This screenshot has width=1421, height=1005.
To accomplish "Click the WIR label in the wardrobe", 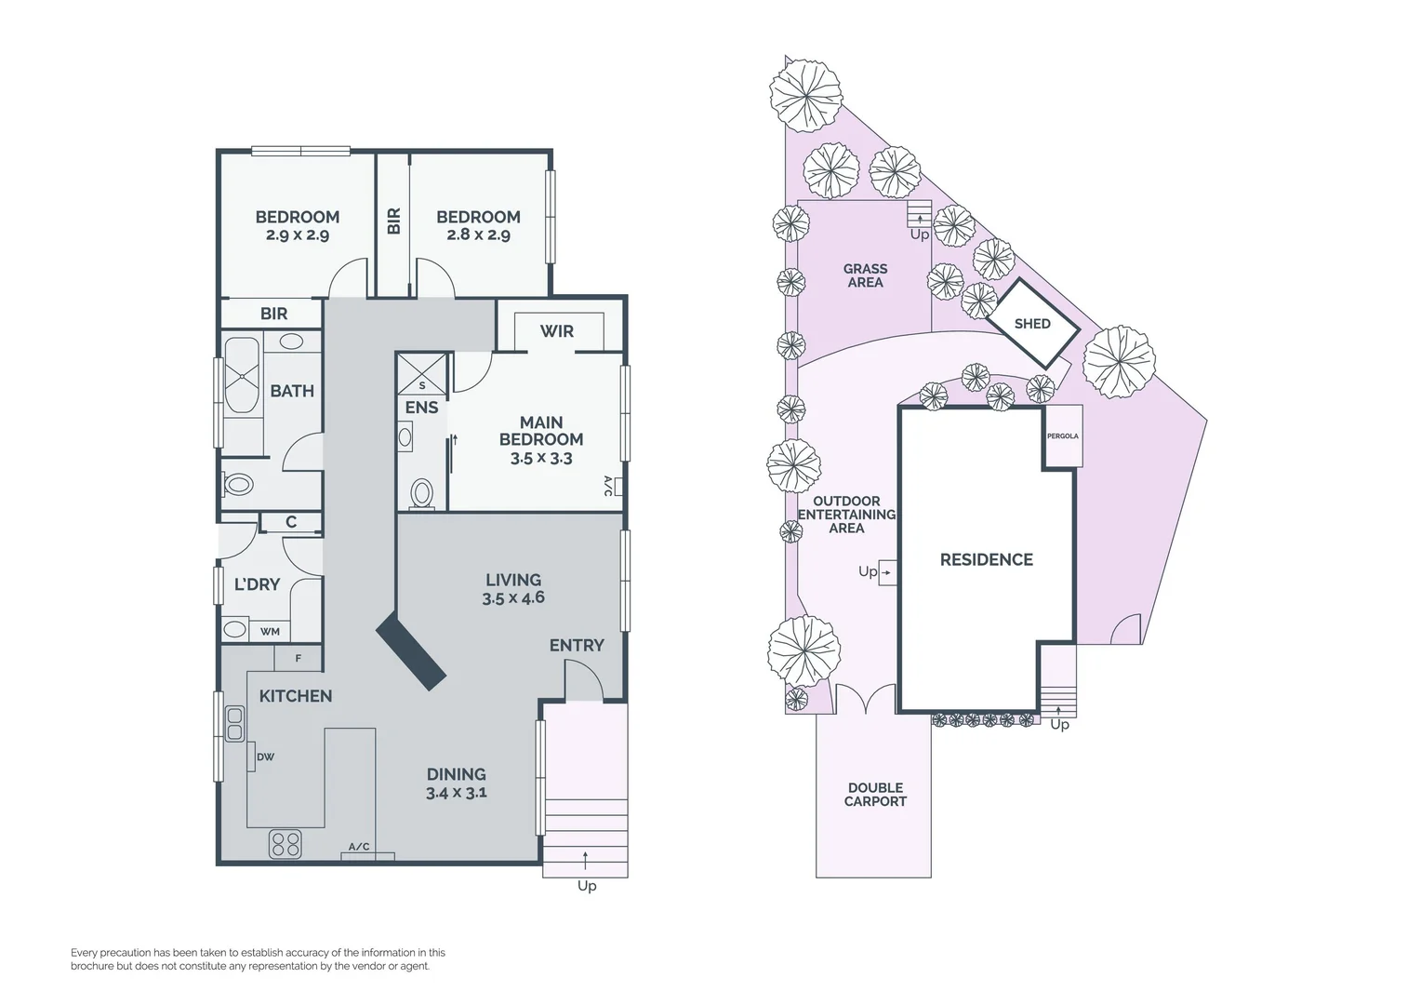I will click(556, 331).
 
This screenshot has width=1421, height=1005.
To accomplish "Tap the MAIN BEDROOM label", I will click(541, 431).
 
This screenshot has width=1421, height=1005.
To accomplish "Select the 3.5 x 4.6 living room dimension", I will click(513, 598).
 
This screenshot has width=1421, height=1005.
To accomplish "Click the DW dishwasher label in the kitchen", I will click(266, 757).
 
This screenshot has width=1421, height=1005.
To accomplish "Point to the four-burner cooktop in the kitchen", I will click(286, 843).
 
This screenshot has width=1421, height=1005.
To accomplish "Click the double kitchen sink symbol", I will click(234, 723).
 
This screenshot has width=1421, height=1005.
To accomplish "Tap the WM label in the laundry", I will click(270, 632).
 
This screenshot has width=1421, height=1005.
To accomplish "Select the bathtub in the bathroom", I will click(243, 377).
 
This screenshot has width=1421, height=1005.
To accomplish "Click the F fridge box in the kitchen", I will click(298, 659).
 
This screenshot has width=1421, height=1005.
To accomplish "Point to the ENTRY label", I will click(577, 645).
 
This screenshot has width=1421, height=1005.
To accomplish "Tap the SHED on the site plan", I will click(1032, 324).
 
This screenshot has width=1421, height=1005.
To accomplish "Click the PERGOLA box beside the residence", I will click(1063, 435).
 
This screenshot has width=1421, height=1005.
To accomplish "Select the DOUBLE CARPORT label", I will click(875, 795).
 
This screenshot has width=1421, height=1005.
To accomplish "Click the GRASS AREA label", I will click(865, 275).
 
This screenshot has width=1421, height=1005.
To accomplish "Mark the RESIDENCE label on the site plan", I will click(986, 559).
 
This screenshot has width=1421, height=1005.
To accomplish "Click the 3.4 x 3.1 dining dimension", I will click(457, 793).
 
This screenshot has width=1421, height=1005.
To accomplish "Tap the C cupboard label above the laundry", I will click(291, 522).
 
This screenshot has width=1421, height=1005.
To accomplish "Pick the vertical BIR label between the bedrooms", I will click(393, 221).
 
